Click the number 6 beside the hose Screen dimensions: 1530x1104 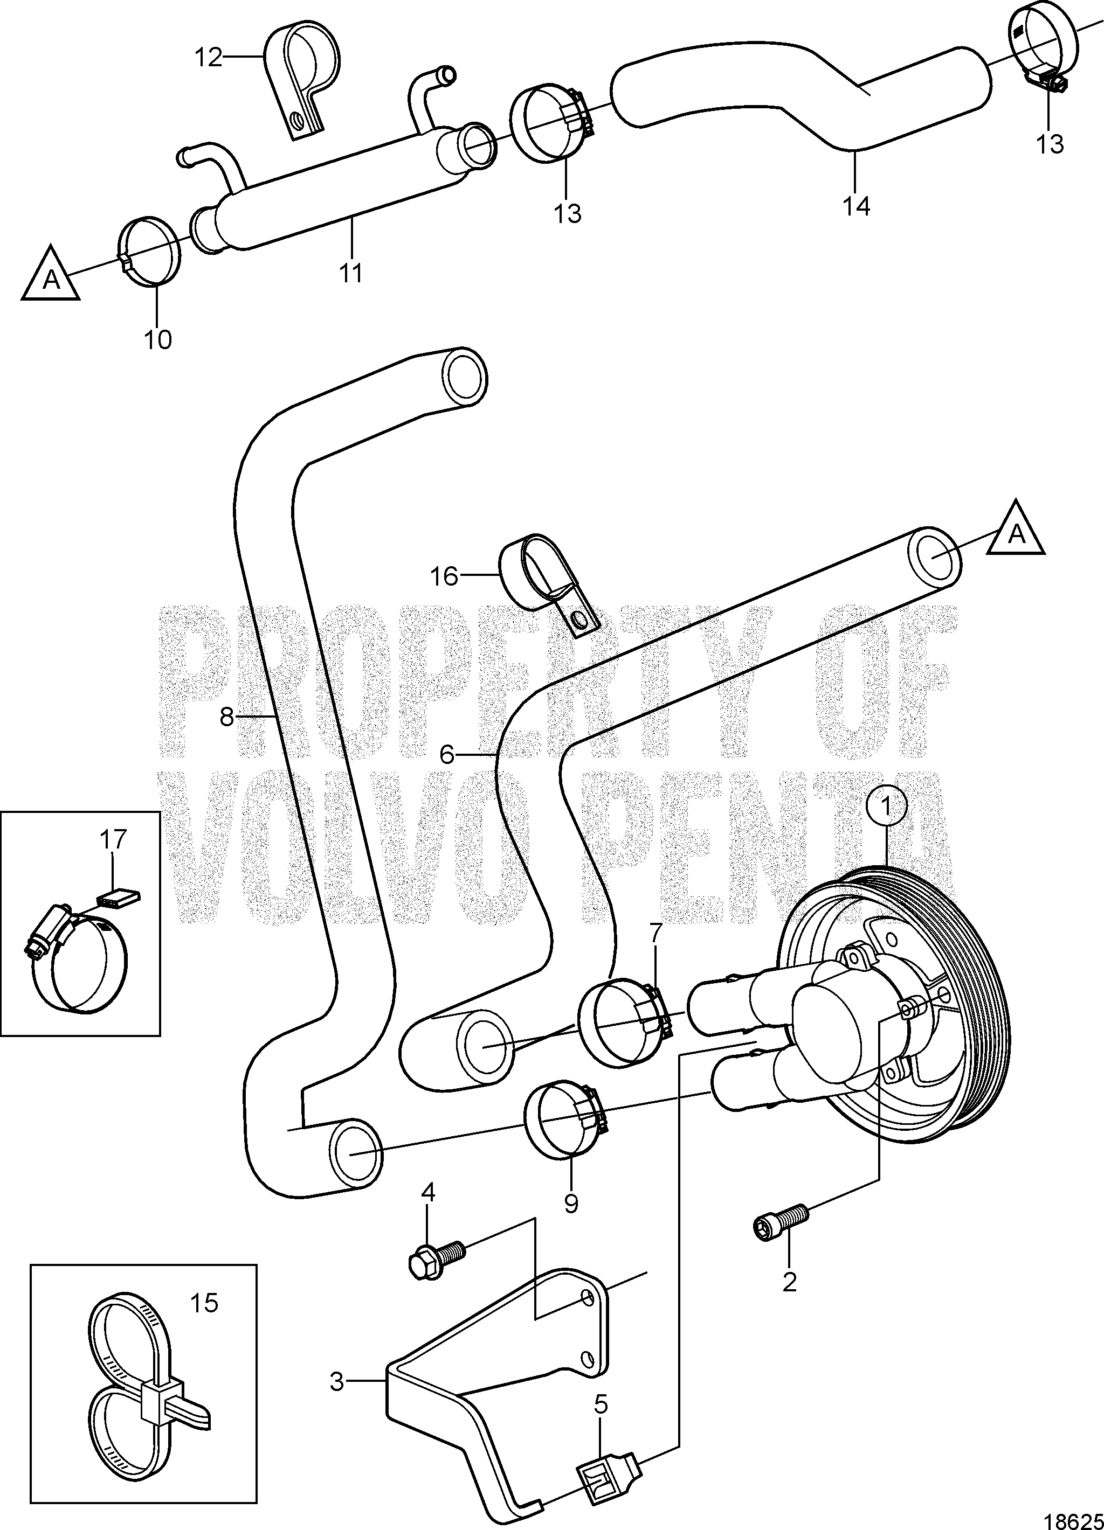click(x=447, y=754)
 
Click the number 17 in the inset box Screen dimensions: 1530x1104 click(x=113, y=840)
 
